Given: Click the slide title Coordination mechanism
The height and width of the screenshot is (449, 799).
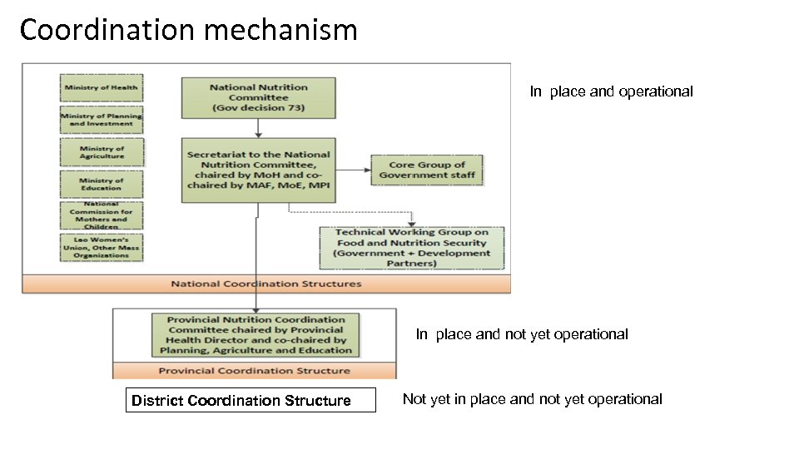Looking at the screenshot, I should [188, 31].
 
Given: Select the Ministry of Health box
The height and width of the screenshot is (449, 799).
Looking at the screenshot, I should [101, 87].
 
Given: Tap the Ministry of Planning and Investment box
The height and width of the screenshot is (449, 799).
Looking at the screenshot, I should [101, 120].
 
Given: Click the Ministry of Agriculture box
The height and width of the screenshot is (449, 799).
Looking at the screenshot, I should [102, 152].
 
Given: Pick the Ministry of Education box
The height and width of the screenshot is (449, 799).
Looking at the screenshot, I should [102, 184].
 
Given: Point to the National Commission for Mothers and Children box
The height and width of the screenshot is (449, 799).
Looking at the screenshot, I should [101, 215].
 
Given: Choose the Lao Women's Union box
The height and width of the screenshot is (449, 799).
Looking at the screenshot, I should [101, 247].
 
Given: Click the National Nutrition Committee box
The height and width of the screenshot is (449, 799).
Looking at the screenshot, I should [259, 97].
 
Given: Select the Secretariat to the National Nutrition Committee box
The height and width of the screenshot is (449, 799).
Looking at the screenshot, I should [259, 170].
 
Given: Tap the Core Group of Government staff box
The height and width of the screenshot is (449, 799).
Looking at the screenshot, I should [427, 170].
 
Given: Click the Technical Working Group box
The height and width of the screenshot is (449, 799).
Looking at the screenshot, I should [411, 248].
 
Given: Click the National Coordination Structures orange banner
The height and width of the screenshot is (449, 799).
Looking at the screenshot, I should [266, 284].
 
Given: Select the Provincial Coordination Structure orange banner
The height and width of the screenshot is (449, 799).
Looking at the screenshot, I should [255, 371].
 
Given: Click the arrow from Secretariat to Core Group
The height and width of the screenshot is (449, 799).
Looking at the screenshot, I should [353, 170].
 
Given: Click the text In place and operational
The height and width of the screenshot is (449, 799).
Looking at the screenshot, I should [611, 91].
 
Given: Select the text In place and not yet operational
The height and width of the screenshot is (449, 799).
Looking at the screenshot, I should [522, 334].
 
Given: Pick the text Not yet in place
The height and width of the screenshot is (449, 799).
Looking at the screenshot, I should [532, 399].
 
